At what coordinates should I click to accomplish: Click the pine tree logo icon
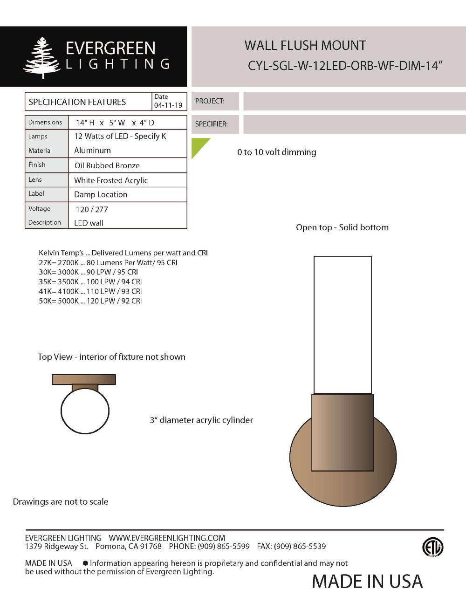point(42,57)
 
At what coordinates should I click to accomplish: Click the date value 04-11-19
point(168,105)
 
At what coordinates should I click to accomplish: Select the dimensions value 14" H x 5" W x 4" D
point(115,123)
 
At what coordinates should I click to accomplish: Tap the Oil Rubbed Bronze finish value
point(107,165)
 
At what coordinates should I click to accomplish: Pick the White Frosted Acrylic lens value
point(111,180)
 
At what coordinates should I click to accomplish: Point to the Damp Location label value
point(101,194)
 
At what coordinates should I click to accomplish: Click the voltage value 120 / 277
point(92,209)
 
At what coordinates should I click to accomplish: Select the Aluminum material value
point(92,151)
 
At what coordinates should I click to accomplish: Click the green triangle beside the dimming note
point(199,146)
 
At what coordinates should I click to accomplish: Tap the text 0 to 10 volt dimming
point(276,152)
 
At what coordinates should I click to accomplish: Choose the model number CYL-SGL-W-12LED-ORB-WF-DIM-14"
point(344,66)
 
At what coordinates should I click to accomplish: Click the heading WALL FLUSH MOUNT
point(305,46)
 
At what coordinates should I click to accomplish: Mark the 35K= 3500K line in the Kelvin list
point(90,281)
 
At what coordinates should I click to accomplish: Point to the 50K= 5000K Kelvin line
point(90,301)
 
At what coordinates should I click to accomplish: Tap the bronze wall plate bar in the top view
point(84,379)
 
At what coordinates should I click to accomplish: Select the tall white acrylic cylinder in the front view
point(343,324)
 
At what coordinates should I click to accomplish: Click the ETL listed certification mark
point(432,547)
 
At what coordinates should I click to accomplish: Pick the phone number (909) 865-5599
point(224,546)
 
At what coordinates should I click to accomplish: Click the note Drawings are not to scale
point(61,502)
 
